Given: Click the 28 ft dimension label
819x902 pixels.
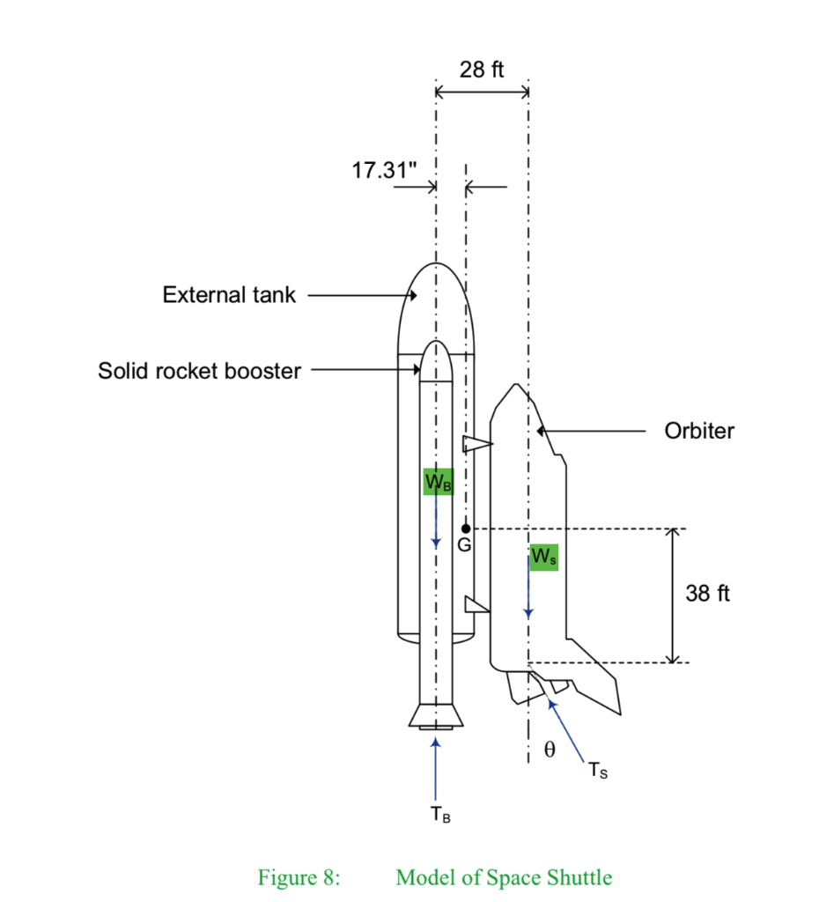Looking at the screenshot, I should pos(482,70).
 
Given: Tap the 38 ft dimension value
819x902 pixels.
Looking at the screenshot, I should pos(707,594).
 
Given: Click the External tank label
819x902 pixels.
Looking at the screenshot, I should pos(229,295).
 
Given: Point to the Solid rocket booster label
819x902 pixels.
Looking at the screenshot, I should pos(199,371).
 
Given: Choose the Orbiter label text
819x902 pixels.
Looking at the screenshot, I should pos(700,431).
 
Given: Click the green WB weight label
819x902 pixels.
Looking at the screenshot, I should pos(439,482).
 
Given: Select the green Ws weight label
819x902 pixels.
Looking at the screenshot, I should pos(543,557).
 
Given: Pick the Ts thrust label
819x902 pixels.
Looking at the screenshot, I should pos(599,773).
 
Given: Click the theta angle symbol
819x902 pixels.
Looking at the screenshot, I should pos(550,750).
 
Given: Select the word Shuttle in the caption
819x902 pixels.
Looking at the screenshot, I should pos(578,877).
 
